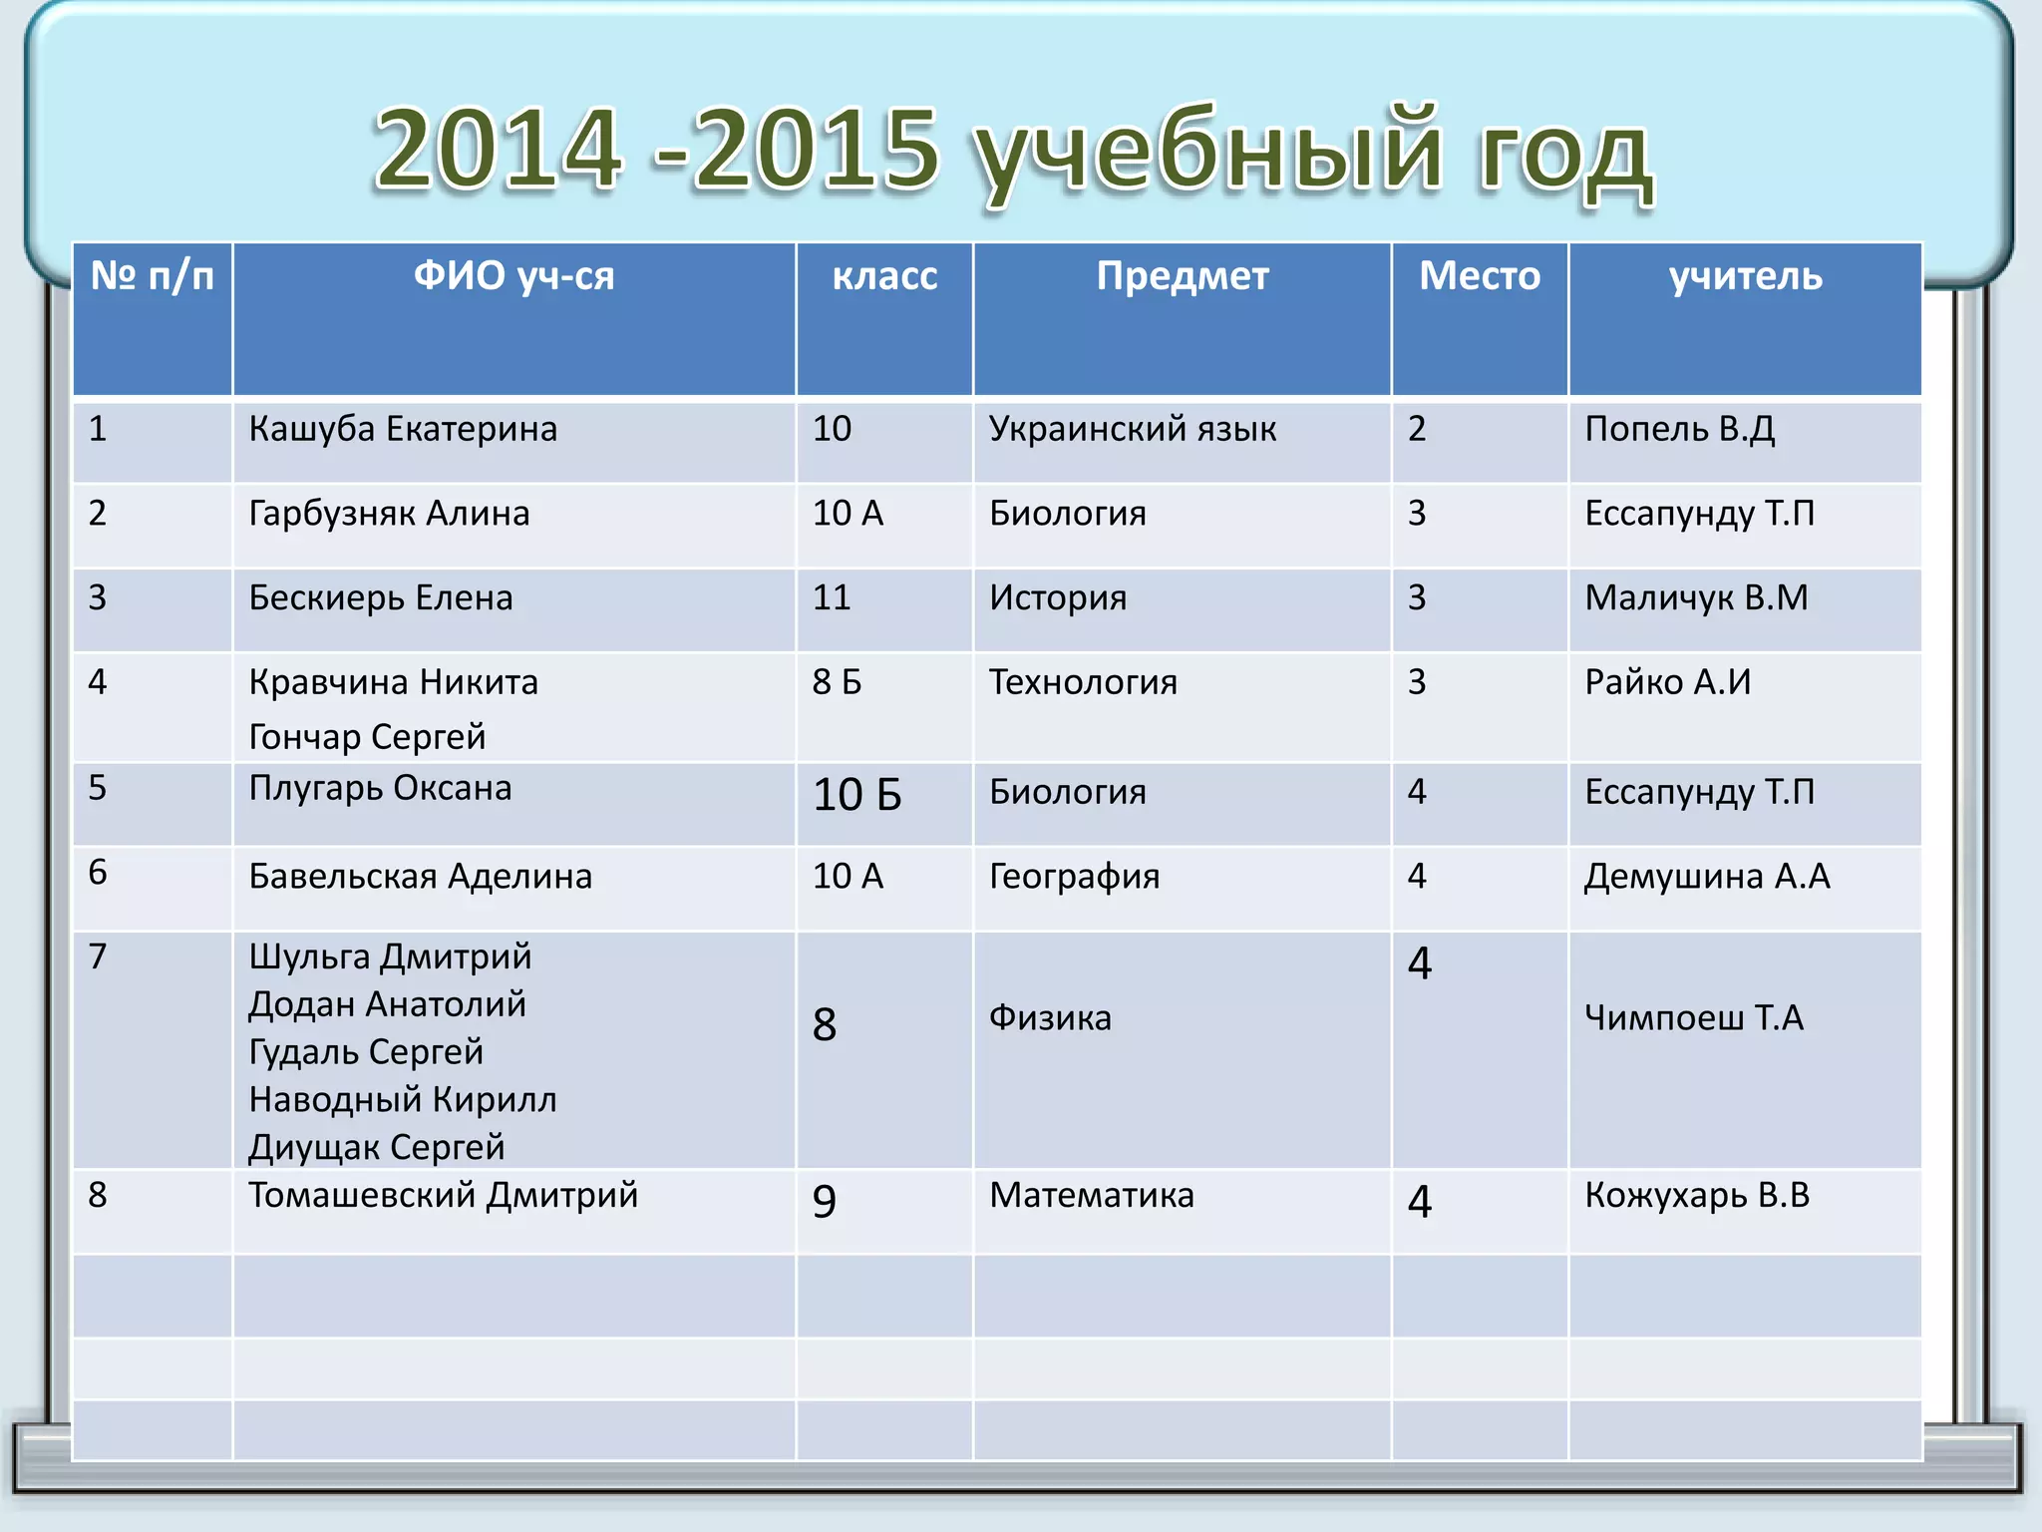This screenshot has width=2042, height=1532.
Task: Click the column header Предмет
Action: (1183, 276)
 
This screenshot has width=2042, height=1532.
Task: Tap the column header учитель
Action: (1745, 276)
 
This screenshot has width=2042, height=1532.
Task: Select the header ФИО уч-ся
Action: (513, 276)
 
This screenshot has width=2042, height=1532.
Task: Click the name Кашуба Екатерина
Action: (403, 429)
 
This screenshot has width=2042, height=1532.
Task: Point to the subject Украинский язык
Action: (1132, 429)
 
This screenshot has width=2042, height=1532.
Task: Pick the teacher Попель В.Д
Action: (1679, 429)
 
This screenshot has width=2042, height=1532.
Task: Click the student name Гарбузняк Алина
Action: (389, 514)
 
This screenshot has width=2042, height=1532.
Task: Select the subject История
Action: (1058, 598)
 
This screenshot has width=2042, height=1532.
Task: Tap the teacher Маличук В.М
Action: (1696, 598)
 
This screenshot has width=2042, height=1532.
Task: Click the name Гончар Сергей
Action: (367, 737)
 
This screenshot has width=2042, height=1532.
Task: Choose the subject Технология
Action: (1083, 682)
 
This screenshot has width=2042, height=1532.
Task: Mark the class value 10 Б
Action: (857, 795)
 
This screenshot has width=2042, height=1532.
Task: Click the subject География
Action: (1074, 877)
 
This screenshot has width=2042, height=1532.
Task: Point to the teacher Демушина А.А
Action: (1707, 877)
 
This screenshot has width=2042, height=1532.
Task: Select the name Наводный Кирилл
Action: (403, 1100)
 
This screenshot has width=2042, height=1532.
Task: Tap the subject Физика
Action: (1050, 1018)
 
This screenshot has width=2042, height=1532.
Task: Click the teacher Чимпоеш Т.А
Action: (1694, 1018)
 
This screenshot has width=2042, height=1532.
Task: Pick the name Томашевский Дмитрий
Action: (443, 1195)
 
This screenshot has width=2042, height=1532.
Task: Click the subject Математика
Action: (1091, 1195)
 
